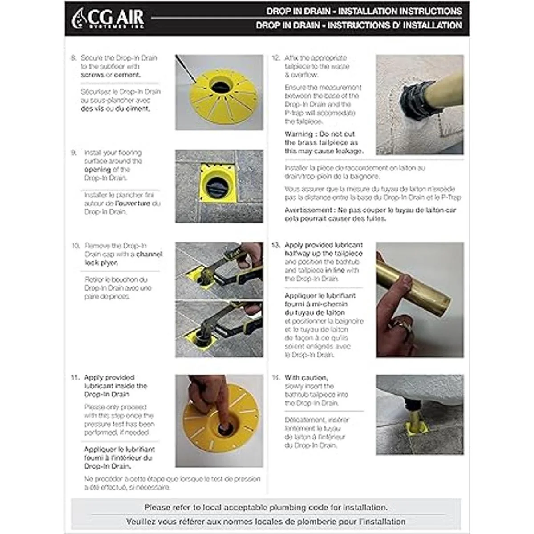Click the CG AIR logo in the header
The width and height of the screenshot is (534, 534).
tap(108, 19)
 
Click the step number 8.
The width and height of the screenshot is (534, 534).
tap(73, 58)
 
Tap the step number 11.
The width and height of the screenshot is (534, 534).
tap(75, 377)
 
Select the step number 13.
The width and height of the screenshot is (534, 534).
tap(276, 245)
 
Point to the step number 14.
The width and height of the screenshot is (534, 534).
tap(276, 378)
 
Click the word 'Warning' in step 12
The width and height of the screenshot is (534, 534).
tap(299, 134)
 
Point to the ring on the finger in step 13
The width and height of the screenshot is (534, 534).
tap(401, 325)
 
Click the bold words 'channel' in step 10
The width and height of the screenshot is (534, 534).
tap(149, 254)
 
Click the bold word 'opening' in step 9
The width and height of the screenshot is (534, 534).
tap(97, 170)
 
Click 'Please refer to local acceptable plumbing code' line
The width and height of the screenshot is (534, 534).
tap(266, 507)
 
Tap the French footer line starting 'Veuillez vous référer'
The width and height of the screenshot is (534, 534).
tap(266, 521)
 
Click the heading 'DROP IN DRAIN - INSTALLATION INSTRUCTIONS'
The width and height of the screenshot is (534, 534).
tap(364, 11)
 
